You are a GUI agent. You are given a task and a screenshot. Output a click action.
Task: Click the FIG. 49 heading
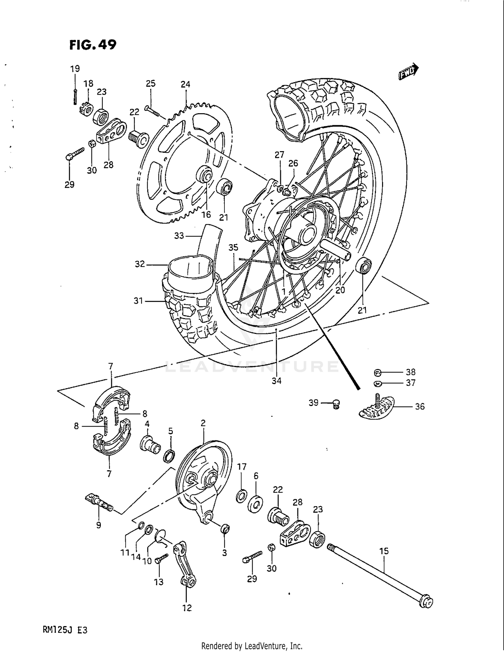click(x=93, y=44)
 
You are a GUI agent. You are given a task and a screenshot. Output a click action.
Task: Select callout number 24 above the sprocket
click(x=185, y=84)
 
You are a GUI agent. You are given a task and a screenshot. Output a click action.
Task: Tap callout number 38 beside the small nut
click(x=410, y=372)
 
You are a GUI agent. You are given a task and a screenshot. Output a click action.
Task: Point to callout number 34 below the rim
click(x=277, y=381)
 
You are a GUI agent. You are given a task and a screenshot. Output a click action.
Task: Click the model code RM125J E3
click(x=65, y=630)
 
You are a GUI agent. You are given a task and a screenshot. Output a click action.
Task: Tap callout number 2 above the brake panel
click(x=203, y=423)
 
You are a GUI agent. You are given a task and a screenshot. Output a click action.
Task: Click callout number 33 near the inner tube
click(x=179, y=236)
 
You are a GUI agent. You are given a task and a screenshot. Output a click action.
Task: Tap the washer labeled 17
click(x=241, y=496)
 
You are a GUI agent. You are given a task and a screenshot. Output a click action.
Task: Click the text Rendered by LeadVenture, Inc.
click(x=252, y=646)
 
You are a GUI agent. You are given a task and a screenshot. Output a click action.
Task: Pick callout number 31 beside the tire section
click(x=138, y=301)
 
